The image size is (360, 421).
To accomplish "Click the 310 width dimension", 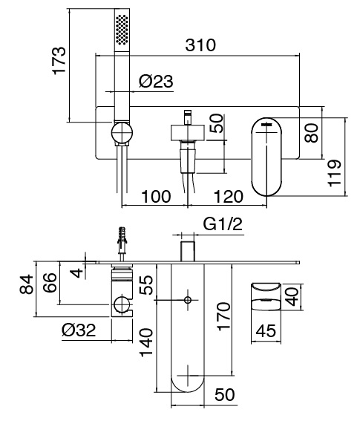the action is click(200, 45).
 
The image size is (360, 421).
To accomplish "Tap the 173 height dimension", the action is click(59, 61).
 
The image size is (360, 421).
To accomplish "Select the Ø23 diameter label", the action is click(156, 81).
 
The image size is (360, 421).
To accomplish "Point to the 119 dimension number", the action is click(334, 173).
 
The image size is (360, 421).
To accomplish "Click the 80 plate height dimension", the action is click(312, 133).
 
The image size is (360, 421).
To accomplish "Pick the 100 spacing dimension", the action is click(156, 196).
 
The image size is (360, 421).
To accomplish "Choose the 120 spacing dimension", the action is click(229, 196).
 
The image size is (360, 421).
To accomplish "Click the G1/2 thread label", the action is click(223, 224).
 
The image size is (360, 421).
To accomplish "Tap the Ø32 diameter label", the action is click(79, 330).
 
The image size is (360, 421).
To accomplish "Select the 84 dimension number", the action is click(27, 284).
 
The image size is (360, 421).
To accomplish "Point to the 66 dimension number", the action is click(50, 282).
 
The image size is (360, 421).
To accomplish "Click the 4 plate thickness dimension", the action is click(78, 272).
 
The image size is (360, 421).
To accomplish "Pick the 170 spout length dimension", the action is click(223, 316).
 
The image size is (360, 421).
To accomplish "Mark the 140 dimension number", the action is click(146, 342).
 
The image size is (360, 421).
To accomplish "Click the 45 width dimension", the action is click(266, 330).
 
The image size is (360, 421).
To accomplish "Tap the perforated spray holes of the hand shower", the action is click(122, 29).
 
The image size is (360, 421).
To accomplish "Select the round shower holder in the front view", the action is click(122, 133).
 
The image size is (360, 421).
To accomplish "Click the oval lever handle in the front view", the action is click(266, 157).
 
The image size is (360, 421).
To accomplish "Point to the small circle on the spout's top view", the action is click(188, 300).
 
